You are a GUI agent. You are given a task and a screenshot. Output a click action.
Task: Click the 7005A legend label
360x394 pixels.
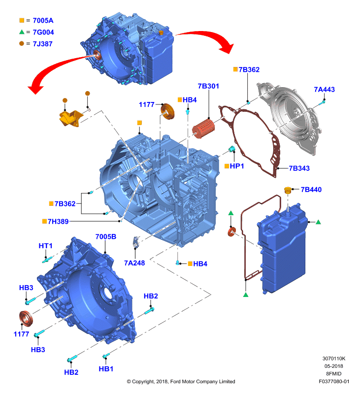click(x=43, y=21)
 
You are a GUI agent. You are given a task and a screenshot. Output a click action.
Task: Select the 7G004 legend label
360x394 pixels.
click(x=43, y=32)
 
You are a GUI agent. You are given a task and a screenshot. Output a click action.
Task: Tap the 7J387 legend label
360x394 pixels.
click(x=42, y=44)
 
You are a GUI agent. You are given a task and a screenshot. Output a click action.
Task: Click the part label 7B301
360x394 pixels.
click(x=208, y=86)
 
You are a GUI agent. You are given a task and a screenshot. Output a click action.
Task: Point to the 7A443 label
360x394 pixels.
click(x=325, y=90)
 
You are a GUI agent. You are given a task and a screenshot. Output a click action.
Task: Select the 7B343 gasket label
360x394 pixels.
click(x=299, y=168)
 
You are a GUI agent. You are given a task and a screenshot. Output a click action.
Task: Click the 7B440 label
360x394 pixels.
click(x=311, y=190)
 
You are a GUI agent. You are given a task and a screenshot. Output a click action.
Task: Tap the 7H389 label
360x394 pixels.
click(x=58, y=221)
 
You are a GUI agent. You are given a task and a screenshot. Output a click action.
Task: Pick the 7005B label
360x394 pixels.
click(x=106, y=237)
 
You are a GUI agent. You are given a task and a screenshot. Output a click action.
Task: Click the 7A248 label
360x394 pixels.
click(x=134, y=263)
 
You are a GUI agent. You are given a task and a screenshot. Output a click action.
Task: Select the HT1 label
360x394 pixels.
click(x=45, y=246)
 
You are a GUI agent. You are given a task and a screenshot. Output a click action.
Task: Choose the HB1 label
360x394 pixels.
click(x=106, y=369)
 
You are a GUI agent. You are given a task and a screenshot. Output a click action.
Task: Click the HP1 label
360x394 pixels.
click(x=237, y=166)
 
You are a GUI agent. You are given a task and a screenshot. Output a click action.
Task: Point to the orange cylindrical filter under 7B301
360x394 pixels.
click(x=203, y=129)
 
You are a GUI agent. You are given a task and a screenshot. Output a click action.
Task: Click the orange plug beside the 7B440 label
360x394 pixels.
click(x=288, y=190)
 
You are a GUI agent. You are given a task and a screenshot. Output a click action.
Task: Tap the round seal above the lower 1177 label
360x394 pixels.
click(x=26, y=319)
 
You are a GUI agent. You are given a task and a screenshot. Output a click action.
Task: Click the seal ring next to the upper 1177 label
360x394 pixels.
click(x=167, y=111)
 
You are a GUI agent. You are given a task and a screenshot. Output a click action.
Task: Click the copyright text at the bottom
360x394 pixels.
click(x=181, y=381)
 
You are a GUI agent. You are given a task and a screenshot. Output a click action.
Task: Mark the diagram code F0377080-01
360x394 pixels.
click(x=334, y=381)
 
